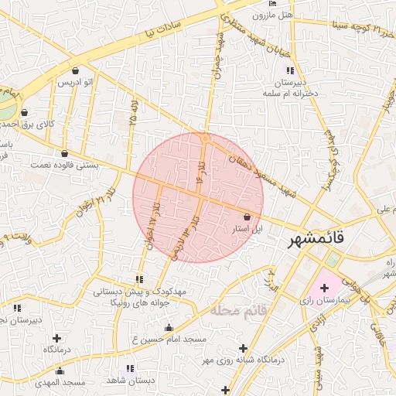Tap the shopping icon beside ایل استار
pos(247,217)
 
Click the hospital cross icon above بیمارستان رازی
pos(324,287)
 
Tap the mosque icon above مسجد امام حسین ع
pos(169,328)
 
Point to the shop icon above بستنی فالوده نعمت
pos(63,153)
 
